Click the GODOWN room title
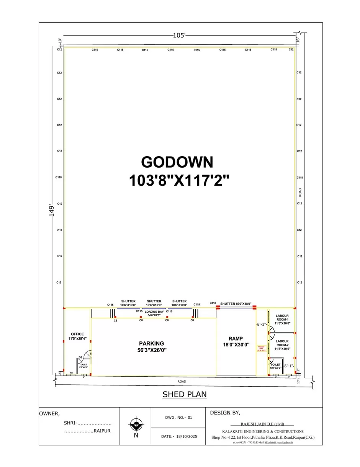tap(177, 162)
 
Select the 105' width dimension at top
tap(179, 35)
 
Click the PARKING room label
tap(152, 343)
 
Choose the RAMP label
tap(236, 338)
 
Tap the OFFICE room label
tap(77, 334)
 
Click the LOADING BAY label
tap(154, 312)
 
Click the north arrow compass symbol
tap(136, 425)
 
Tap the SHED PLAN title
tap(185, 394)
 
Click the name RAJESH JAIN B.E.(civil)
tap(262, 424)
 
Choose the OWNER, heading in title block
tap(50, 413)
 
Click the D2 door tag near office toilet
tap(80, 357)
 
